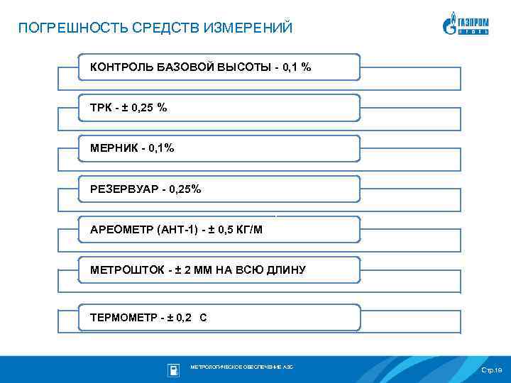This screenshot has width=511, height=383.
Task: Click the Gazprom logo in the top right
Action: tap(466, 23)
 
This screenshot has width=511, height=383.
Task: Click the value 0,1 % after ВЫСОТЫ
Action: tap(297, 67)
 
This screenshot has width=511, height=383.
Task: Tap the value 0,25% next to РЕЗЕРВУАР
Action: tap(185, 189)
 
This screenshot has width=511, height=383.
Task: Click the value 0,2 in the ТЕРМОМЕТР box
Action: tap(182, 318)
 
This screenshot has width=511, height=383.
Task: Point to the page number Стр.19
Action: tap(491, 371)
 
